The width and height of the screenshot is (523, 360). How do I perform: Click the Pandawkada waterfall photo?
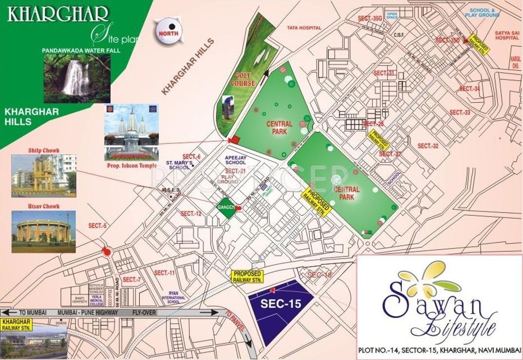tap(76, 78)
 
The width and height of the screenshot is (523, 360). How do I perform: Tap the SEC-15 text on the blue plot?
tap(281, 303)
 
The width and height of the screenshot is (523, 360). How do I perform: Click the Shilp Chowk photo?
tap(44, 175)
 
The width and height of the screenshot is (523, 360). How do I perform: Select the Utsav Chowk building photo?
tap(43, 231)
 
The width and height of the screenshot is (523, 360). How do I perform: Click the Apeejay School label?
tap(236, 160)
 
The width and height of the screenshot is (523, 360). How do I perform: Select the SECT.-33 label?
tap(460, 113)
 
